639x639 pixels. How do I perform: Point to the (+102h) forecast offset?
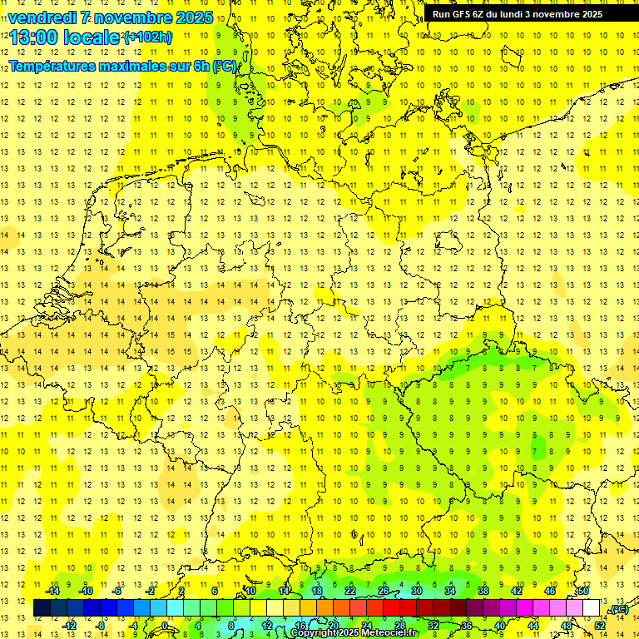pos(148,37)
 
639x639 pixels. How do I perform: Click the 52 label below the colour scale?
pos(600,625)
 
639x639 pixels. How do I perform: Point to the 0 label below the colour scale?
pos(165,625)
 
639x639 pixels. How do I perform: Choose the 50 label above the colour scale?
pos(583,591)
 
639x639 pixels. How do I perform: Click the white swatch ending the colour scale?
pos(592,608)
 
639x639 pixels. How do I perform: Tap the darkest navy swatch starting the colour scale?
pos(42,608)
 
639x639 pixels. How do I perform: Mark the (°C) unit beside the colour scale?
pos(618,609)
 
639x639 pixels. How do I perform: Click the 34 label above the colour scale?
pos(450,591)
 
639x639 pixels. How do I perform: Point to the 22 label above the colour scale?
pos(350,591)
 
